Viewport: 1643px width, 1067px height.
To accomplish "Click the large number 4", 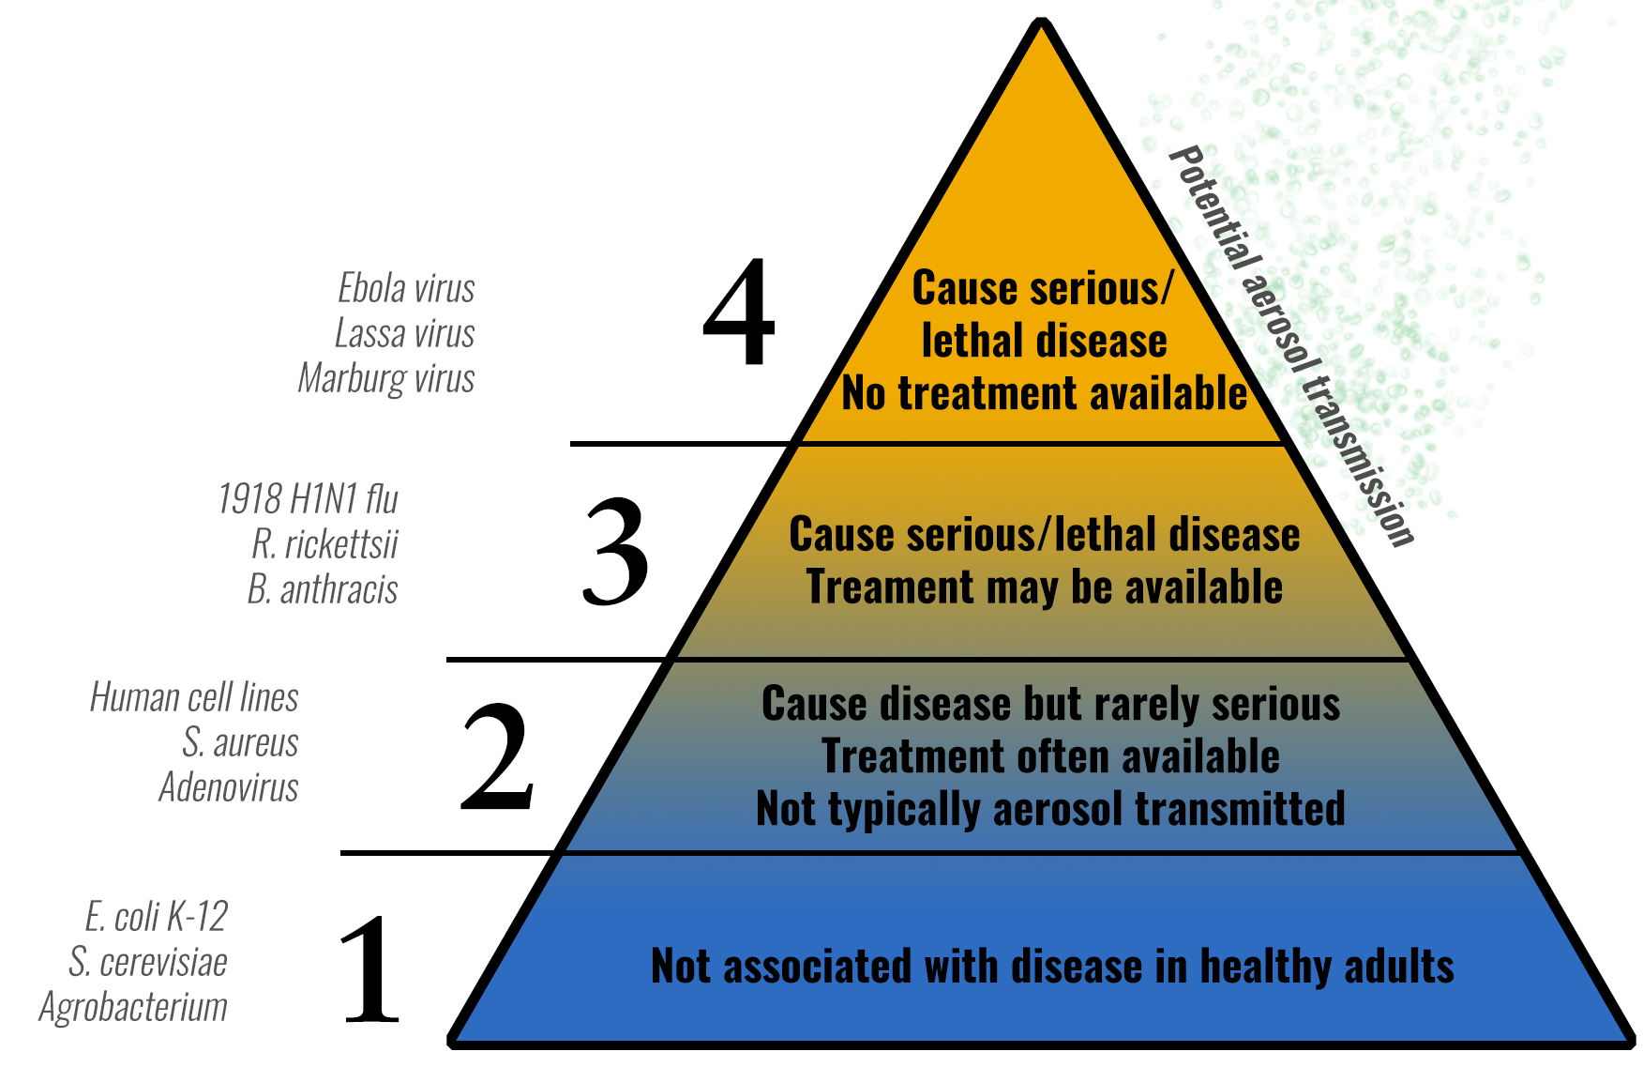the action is point(739,312).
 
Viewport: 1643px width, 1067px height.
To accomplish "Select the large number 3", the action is point(615,551).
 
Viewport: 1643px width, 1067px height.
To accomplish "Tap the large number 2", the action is point(497,755).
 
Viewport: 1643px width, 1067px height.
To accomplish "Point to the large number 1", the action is point(371,968).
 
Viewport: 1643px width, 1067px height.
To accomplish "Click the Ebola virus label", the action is point(406,288).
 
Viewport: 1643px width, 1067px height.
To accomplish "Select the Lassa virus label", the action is point(405,333).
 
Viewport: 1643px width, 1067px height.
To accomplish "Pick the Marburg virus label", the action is point(386,379).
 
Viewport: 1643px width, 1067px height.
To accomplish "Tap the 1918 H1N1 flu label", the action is point(308,499).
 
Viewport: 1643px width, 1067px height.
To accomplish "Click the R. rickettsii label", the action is point(324,544).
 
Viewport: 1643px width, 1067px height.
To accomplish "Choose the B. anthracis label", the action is point(323,589).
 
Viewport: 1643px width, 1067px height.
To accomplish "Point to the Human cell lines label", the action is point(194,697).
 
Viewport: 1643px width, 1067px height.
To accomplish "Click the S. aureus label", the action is point(240,742).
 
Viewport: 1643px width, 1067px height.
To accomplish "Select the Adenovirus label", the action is point(229,787).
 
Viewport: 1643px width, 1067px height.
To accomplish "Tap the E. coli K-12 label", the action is point(157,917).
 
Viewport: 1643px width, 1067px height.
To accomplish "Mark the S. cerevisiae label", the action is point(148,962).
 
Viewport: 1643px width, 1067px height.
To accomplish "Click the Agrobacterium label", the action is point(133,1008).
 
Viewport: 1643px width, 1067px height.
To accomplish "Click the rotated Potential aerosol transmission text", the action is point(1292,345).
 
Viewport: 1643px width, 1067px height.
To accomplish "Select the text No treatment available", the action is point(1045,393).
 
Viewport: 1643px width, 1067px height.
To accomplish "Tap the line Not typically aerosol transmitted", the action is point(1050,809).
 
